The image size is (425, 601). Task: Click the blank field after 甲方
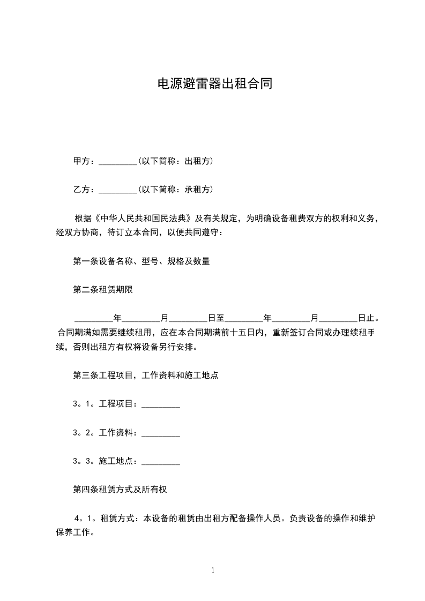click(x=118, y=161)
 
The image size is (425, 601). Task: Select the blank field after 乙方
click(x=118, y=190)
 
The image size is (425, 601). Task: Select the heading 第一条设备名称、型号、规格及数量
click(x=141, y=261)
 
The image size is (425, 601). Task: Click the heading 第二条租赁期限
click(x=102, y=290)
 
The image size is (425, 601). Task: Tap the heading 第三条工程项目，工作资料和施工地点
click(x=145, y=375)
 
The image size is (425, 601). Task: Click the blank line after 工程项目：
click(x=160, y=404)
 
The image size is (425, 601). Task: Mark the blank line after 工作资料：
click(x=160, y=433)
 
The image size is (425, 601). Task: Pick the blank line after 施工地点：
click(x=160, y=461)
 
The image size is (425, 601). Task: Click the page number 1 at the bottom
click(x=213, y=571)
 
